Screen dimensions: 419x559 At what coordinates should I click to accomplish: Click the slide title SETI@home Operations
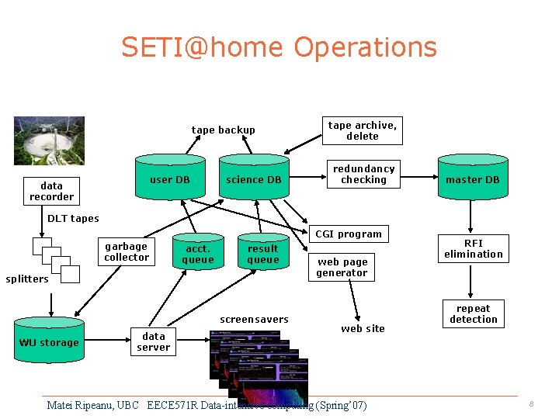(x=279, y=47)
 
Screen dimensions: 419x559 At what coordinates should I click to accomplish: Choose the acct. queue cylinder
(x=197, y=254)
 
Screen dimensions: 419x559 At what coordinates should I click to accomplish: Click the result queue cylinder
(x=262, y=254)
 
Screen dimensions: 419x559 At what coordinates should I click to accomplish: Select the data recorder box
(x=51, y=191)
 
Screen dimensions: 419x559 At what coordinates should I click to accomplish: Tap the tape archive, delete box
(x=362, y=130)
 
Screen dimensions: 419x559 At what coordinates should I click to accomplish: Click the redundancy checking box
(x=363, y=174)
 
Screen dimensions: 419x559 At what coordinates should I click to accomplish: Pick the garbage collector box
(x=127, y=251)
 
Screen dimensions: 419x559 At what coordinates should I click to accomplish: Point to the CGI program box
(x=349, y=234)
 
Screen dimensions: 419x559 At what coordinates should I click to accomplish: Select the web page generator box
(x=342, y=267)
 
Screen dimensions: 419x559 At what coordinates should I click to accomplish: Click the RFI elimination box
(x=474, y=248)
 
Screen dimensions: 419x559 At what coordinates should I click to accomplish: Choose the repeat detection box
(x=474, y=313)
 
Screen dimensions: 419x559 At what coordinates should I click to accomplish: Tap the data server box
(x=154, y=341)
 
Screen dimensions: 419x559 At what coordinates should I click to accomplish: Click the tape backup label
(x=223, y=130)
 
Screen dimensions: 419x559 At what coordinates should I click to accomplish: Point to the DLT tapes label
(x=73, y=218)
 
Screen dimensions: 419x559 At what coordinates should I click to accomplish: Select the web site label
(x=363, y=328)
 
